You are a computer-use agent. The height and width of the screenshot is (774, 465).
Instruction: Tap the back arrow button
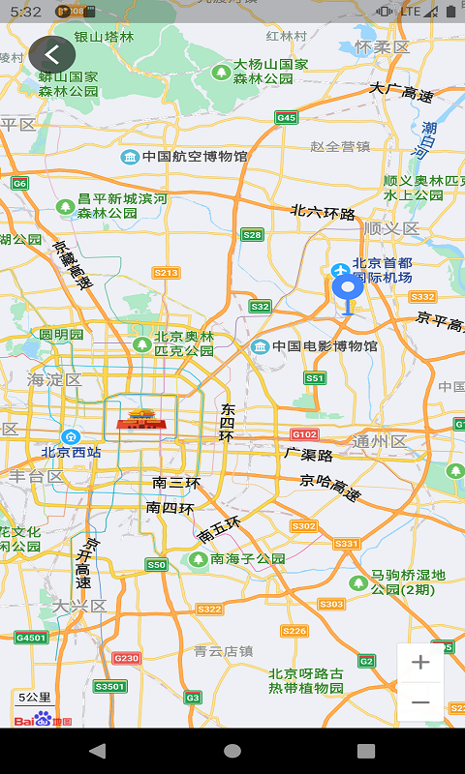coord(52,55)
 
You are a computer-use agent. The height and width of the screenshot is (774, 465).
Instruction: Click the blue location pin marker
coord(348,288)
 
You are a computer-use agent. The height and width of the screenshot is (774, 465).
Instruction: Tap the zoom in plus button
coord(420,663)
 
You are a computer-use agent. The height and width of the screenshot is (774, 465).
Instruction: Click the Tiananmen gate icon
coord(141,419)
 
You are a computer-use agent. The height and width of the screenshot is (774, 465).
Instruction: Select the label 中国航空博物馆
coord(194,156)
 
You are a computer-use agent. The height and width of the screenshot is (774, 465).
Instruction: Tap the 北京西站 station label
coord(71,451)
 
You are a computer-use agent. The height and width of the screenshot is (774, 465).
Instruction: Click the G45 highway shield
coord(286,118)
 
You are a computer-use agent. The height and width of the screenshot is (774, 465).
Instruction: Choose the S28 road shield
coord(253,234)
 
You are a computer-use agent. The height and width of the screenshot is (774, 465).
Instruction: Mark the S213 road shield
coord(167,273)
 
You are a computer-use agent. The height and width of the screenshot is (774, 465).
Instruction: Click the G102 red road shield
coord(304,434)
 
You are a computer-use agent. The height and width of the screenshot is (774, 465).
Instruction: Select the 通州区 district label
coord(379,441)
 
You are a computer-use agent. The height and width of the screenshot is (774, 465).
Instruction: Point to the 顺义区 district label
coord(391,228)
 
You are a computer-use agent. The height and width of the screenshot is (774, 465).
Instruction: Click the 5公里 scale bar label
coord(35,697)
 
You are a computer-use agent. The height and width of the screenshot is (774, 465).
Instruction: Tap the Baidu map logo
coord(44,718)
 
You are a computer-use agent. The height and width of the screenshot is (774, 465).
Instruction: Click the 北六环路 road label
coord(323,212)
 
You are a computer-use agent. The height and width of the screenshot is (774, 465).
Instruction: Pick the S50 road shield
coord(157,564)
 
